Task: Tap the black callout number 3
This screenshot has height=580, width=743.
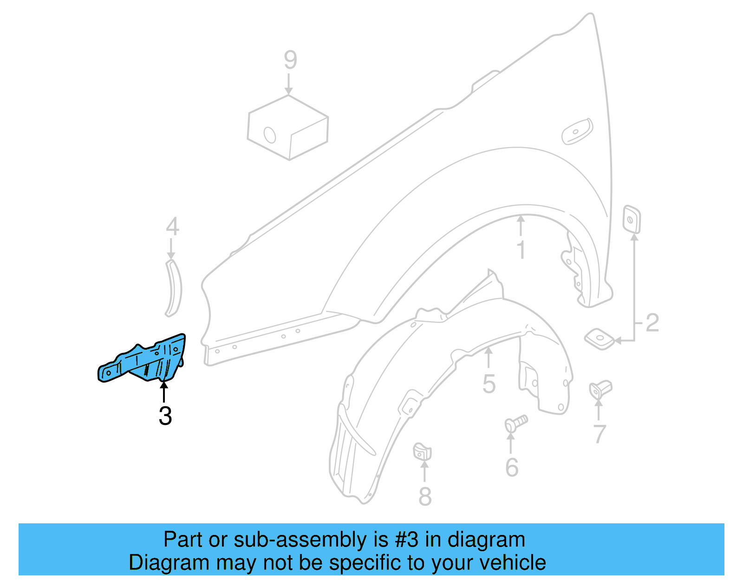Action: coord(165,416)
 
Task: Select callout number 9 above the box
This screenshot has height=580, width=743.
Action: coord(290,60)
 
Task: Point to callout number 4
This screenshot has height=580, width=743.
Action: coord(172,227)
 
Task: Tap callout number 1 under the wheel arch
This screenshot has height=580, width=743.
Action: coord(521,249)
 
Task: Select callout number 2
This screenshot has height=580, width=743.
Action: coord(652,322)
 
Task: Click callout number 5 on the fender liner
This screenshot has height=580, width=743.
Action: coord(489,384)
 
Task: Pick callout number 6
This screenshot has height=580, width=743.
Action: coord(511,467)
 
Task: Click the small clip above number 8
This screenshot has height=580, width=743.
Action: coord(422,451)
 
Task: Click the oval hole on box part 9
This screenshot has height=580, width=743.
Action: coord(270,135)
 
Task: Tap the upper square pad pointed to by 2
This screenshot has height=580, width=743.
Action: coord(632,219)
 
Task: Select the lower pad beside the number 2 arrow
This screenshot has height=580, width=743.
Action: coord(600,339)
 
